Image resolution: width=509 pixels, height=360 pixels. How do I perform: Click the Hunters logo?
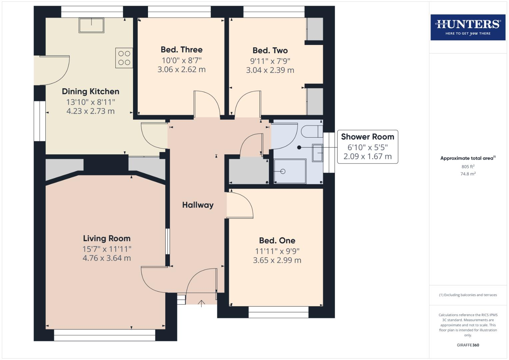tap(468, 27)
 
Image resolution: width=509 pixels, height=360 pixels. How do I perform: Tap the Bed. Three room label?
tap(181, 50)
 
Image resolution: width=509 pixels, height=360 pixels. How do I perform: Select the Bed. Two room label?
tap(270, 51)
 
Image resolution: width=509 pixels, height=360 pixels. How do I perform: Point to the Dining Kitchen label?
tap(90, 92)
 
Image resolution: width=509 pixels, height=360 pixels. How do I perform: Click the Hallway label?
tap(198, 205)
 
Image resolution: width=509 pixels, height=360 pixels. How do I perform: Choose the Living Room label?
tap(107, 239)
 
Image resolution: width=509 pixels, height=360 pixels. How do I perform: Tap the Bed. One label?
tap(277, 241)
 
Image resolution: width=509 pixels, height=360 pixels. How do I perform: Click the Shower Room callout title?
tap(367, 137)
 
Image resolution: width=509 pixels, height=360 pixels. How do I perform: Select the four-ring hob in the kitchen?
tap(124, 58)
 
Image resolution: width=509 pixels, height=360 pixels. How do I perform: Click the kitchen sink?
tap(91, 25)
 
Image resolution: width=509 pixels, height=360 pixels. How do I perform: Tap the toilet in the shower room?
tap(312, 131)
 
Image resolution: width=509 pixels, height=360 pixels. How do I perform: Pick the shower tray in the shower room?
tap(290, 171)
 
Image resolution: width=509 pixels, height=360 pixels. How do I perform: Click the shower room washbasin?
tap(317, 153)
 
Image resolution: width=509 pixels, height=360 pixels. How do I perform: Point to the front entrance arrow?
tap(201, 303)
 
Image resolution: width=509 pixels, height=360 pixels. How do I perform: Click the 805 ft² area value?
tap(468, 167)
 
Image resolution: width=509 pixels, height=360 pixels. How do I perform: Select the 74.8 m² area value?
tap(468, 174)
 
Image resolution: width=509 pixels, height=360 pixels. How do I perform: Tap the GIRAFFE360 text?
tap(468, 345)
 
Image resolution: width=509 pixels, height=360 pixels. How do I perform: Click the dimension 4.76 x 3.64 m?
tap(107, 258)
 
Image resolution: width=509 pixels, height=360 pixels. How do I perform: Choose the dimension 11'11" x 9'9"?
tap(277, 251)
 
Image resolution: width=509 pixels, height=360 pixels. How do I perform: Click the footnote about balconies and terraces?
tap(468, 295)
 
